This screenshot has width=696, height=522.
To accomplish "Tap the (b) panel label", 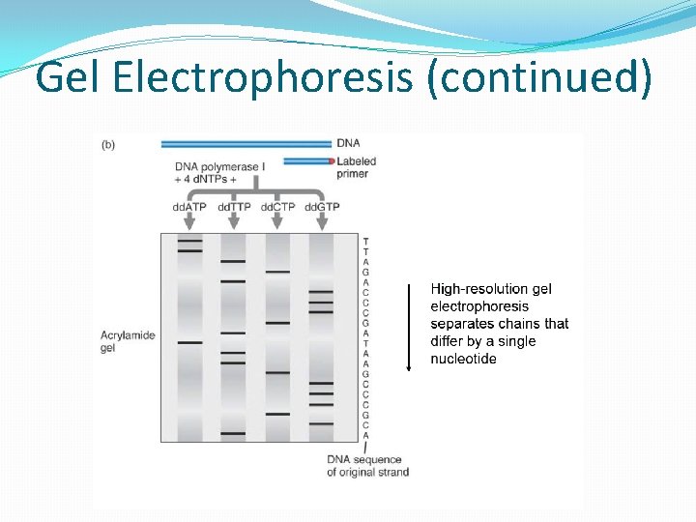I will (x=107, y=145).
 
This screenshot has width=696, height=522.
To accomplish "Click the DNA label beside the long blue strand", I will (x=348, y=143).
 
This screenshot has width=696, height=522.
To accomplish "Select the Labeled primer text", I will (x=356, y=167).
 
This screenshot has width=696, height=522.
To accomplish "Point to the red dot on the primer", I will (x=331, y=160).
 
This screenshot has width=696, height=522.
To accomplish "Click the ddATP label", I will (x=188, y=206).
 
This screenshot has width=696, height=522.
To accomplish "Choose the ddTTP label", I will (x=233, y=206).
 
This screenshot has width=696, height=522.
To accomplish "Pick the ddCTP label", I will (x=277, y=206).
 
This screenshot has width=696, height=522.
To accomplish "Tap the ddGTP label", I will (x=322, y=206).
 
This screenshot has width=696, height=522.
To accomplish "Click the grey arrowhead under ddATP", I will (x=189, y=224).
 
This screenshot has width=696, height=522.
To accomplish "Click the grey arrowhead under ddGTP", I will (x=322, y=224).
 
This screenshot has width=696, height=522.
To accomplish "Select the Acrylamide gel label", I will (x=128, y=341).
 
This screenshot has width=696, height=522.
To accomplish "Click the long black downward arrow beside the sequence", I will (x=409, y=327).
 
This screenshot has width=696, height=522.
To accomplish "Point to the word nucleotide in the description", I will (x=464, y=359).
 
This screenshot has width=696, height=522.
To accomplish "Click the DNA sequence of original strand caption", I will (x=367, y=465).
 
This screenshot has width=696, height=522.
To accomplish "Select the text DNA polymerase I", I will (x=217, y=166).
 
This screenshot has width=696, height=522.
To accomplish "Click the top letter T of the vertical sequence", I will (x=365, y=240).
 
